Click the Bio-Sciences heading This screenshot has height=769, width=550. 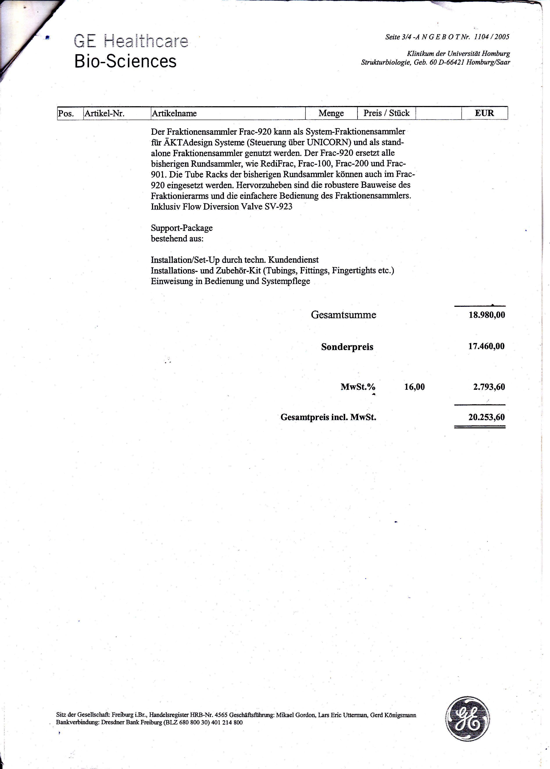click(125, 62)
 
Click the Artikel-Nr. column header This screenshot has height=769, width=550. click(104, 113)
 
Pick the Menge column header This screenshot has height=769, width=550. click(331, 113)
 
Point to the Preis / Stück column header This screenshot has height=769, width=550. click(386, 113)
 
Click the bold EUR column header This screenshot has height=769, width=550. click(484, 113)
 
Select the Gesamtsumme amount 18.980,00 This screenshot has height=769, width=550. click(487, 315)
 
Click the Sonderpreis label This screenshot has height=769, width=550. click(347, 347)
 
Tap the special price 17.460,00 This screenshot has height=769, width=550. click(486, 346)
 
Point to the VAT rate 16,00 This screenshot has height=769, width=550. click(414, 387)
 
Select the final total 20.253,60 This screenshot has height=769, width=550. click(487, 417)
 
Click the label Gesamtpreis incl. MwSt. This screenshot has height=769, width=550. click(328, 417)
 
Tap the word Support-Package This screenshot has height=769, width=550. click(182, 228)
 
